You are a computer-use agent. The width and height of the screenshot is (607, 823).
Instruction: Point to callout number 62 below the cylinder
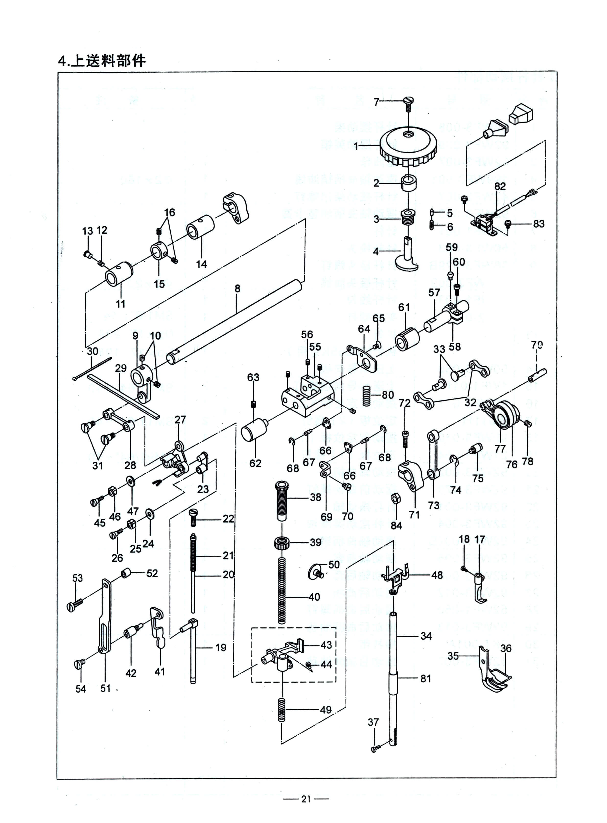(x=255, y=463)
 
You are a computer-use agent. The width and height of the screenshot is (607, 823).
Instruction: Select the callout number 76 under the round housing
(x=512, y=464)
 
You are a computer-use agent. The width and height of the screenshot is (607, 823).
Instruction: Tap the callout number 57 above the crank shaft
(x=434, y=293)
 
